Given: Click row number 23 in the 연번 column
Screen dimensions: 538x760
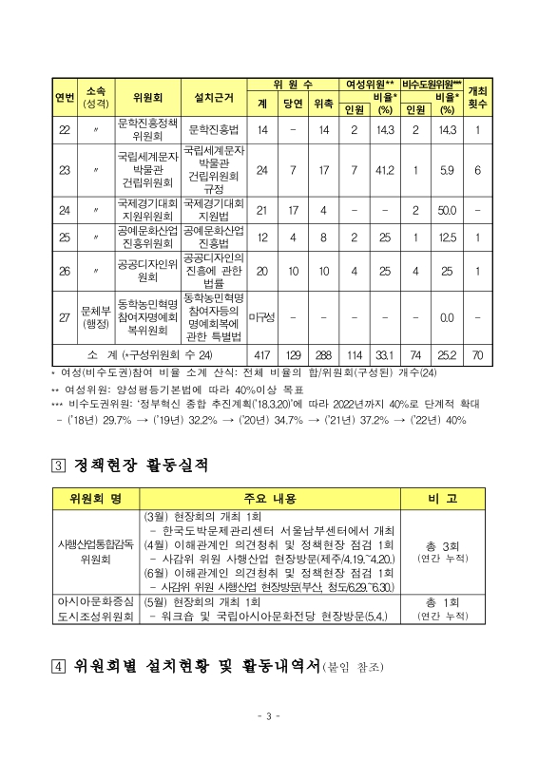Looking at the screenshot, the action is tap(65, 170).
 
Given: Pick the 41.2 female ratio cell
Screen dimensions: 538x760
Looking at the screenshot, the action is tap(384, 170).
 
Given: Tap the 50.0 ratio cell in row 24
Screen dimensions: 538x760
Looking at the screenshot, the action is tap(447, 210).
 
